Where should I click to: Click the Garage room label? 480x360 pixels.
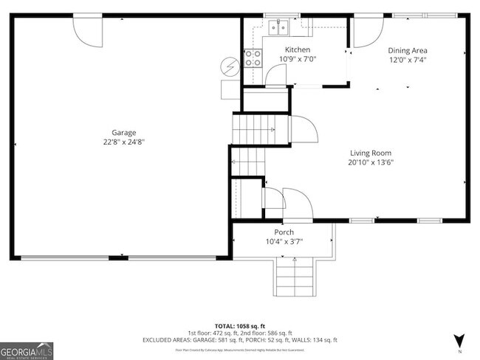[123, 133]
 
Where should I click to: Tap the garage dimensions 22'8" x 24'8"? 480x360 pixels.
[123, 142]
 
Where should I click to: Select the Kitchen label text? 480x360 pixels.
[298, 50]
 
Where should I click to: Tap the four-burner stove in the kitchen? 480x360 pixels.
[253, 58]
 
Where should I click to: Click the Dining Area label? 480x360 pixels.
[408, 50]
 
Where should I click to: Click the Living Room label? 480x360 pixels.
[371, 153]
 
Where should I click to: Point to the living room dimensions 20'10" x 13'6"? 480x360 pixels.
[371, 162]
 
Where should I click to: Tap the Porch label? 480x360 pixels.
[284, 232]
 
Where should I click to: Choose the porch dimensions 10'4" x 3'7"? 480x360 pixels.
[284, 240]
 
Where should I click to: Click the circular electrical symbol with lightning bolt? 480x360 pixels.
[230, 67]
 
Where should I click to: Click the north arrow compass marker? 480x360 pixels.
[460, 340]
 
